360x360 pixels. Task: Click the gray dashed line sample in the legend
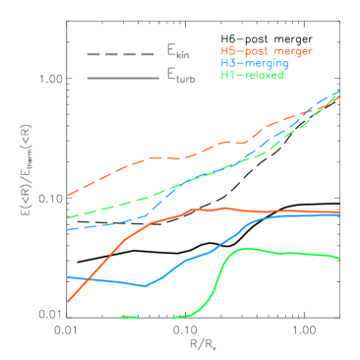click(x=120, y=54)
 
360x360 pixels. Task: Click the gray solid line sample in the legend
click(x=120, y=78)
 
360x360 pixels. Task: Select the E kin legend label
click(x=178, y=52)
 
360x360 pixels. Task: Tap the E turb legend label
click(x=180, y=77)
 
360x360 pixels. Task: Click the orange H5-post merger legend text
click(x=267, y=49)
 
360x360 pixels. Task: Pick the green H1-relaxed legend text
click(x=252, y=75)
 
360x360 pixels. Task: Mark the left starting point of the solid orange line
click(x=68, y=301)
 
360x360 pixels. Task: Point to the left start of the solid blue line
click(x=68, y=276)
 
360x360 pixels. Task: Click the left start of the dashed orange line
click(x=68, y=196)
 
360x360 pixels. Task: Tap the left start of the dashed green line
click(x=68, y=217)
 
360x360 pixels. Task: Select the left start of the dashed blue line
click(x=68, y=229)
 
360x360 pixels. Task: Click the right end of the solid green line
click(x=339, y=259)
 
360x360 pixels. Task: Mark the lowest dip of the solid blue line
click(x=146, y=286)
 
